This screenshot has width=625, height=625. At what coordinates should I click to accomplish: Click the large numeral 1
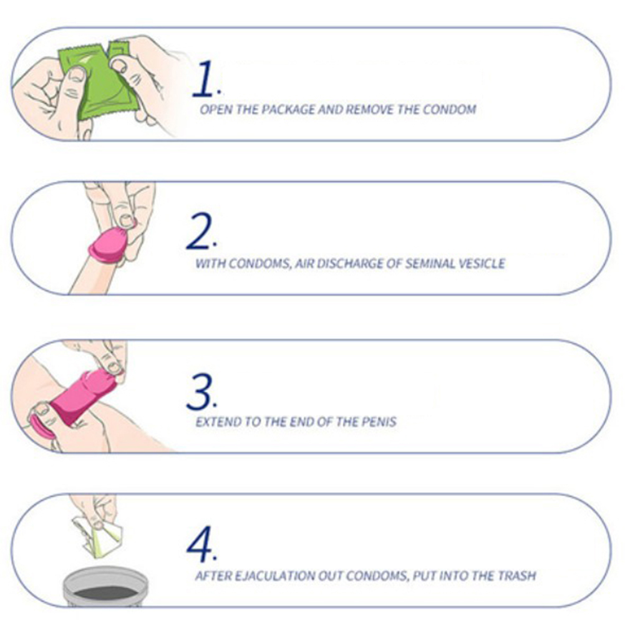[203, 79]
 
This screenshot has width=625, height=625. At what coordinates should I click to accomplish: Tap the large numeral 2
[198, 231]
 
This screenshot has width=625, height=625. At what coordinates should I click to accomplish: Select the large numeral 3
[200, 392]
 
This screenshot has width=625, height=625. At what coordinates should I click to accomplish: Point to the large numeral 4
[200, 545]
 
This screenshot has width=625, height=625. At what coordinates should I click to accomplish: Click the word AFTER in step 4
[213, 576]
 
